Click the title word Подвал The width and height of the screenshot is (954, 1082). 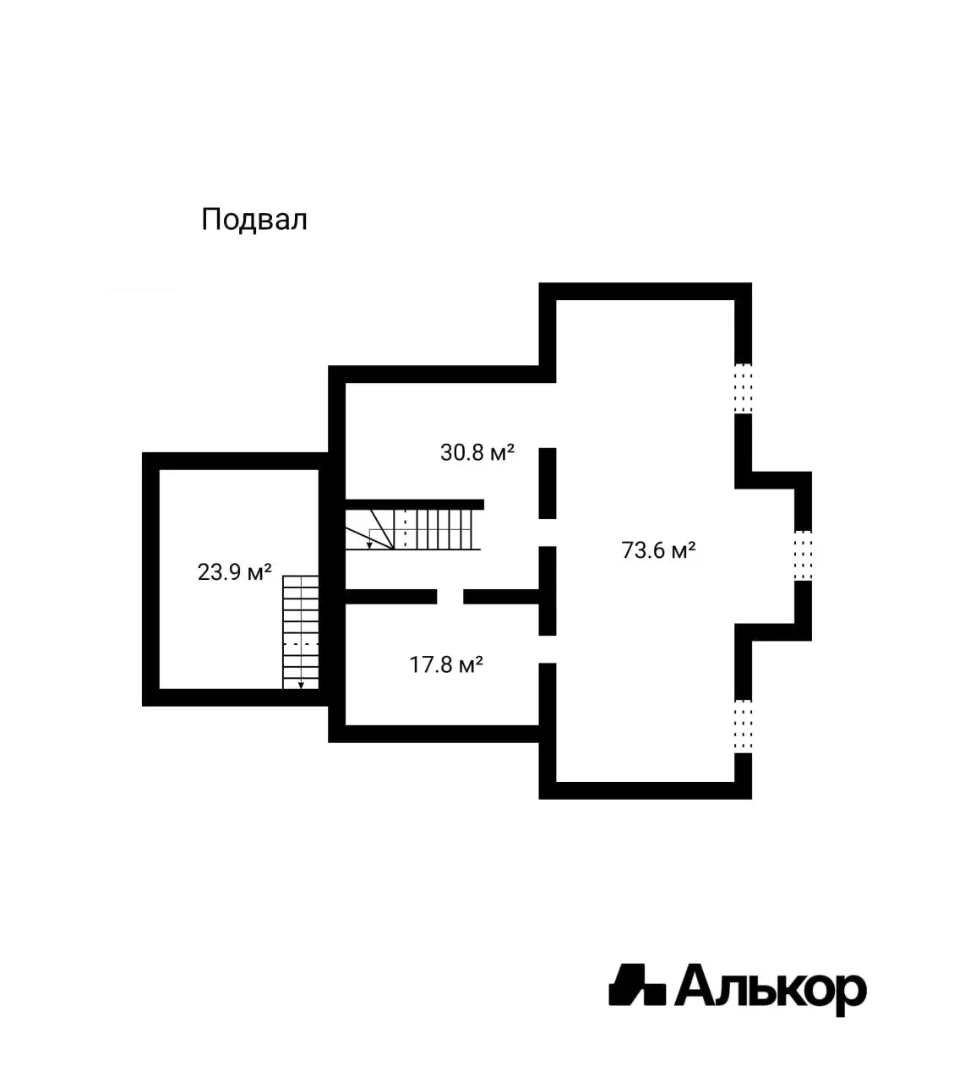pos(254,220)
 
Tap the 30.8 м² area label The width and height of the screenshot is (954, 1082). pos(477,452)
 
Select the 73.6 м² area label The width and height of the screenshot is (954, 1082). pos(658,550)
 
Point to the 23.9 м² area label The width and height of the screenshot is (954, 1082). pos(234,572)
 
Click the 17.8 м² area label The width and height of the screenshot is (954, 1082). pos(446,665)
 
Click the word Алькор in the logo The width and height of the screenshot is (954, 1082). pos(771,988)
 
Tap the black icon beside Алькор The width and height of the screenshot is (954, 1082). pos(637,985)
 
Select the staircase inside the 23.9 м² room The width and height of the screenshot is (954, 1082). pos(301,632)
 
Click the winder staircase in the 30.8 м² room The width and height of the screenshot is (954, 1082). pos(409,529)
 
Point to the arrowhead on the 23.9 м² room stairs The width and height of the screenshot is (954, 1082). pos(301,686)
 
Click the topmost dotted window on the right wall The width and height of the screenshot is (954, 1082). pos(743,388)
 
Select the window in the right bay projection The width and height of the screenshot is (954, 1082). pos(803,555)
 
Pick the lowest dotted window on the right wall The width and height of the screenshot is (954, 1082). pos(743,726)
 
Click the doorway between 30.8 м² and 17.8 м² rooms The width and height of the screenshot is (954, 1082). pos(450,597)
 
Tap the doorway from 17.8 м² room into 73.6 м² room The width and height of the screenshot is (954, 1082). pos(548,649)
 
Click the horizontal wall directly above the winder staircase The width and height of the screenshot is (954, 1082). pos(415,504)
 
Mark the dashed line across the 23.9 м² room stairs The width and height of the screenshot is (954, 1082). pos(301,644)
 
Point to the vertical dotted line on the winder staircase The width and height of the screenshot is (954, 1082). pos(405,528)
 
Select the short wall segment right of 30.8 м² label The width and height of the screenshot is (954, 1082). pos(548,484)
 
